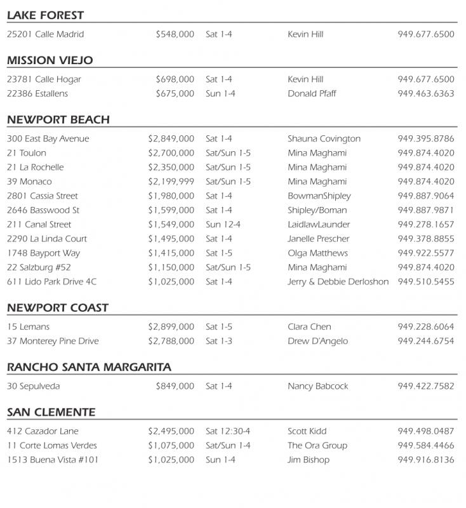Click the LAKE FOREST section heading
click(x=45, y=15)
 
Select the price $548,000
click(x=175, y=34)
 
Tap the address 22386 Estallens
click(x=37, y=94)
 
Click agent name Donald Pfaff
click(x=312, y=94)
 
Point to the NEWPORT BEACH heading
click(x=58, y=119)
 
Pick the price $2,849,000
click(x=171, y=139)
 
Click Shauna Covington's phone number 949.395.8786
click(x=426, y=139)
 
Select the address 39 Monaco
click(x=29, y=182)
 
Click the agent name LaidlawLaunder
click(x=319, y=225)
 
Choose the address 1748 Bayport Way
click(x=43, y=253)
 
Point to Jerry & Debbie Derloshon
click(x=338, y=282)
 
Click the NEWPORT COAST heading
click(x=58, y=307)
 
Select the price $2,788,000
click(x=171, y=342)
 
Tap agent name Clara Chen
click(x=309, y=327)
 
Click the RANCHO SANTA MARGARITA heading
click(x=89, y=367)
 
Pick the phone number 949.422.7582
click(x=426, y=386)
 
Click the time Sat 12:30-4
click(x=228, y=431)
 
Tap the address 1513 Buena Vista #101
click(x=53, y=460)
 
